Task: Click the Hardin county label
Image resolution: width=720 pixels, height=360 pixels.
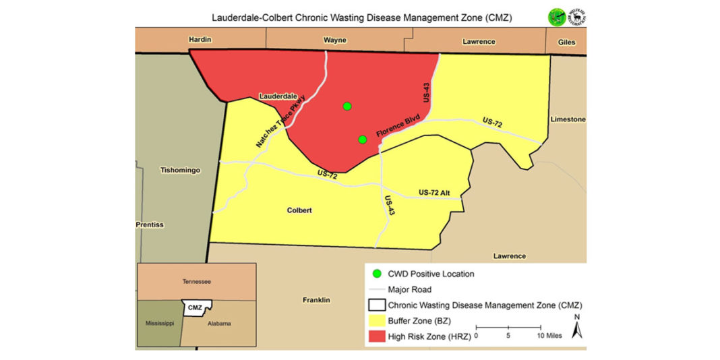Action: [200, 40]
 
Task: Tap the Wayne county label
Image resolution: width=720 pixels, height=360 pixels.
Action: [334, 40]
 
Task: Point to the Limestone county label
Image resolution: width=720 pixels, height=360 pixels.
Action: [568, 119]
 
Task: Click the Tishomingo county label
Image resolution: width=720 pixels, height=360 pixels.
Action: [180, 171]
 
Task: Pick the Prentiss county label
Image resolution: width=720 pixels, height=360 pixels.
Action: [150, 224]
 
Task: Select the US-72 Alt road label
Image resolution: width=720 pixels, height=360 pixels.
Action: [439, 193]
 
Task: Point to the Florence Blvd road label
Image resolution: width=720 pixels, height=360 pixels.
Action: [398, 127]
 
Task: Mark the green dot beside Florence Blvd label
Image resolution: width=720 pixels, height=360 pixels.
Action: [362, 140]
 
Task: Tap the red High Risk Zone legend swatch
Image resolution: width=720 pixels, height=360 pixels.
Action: [377, 335]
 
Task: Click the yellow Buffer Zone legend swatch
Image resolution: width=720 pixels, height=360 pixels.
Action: [377, 320]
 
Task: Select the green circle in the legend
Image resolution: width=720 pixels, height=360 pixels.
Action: [377, 274]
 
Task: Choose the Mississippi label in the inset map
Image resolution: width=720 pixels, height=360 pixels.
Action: [160, 324]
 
